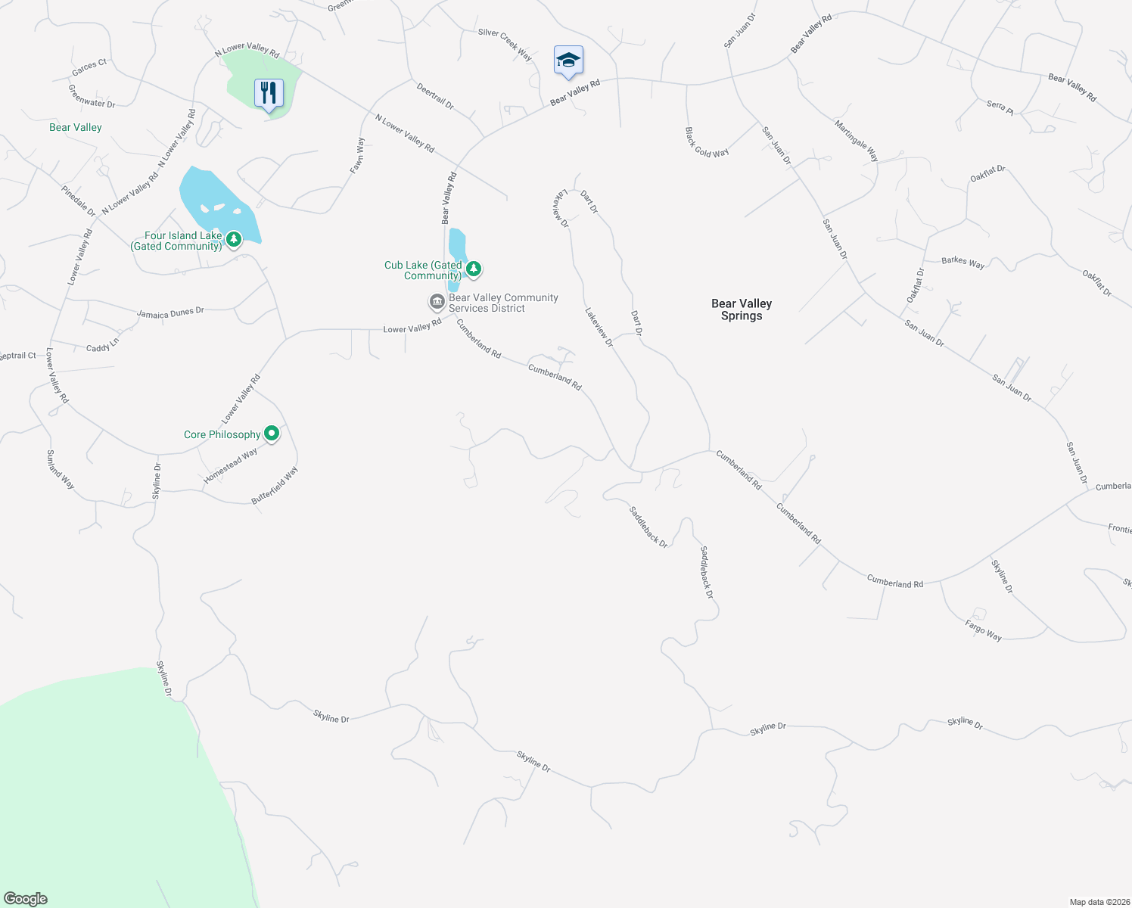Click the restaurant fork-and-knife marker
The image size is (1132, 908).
[x=268, y=93]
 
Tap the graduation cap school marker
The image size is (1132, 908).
[x=568, y=61]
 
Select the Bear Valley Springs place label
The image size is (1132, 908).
[x=742, y=309]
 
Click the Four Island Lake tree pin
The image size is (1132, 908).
[x=234, y=240]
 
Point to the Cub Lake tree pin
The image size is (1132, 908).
[x=474, y=269]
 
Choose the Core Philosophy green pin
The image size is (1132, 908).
[x=272, y=434]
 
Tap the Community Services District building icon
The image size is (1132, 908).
[x=437, y=303]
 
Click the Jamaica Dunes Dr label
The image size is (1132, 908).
[x=170, y=313]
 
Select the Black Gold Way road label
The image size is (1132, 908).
[x=707, y=142]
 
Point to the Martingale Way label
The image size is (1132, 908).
[x=857, y=141]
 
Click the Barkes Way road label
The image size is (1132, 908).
[x=963, y=262]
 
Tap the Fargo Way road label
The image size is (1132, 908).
[x=983, y=630]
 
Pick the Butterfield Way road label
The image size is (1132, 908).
[x=275, y=486]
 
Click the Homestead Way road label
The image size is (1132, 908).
[x=231, y=465]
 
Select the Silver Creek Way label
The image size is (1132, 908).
[x=505, y=44]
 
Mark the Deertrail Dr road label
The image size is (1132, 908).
[x=435, y=96]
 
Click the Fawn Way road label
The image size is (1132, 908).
[x=357, y=155]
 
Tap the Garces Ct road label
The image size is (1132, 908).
[x=89, y=67]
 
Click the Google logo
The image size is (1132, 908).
[x=25, y=899]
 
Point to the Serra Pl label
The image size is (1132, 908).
[x=1000, y=107]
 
